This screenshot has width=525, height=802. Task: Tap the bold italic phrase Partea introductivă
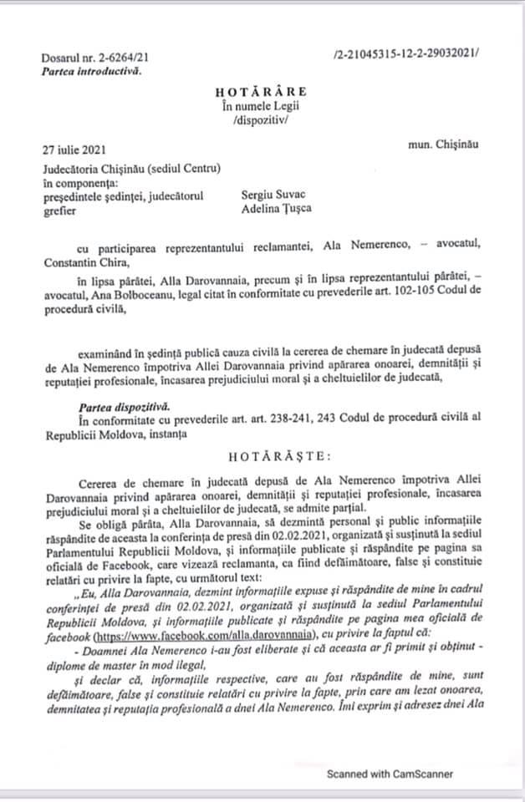click(91, 70)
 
